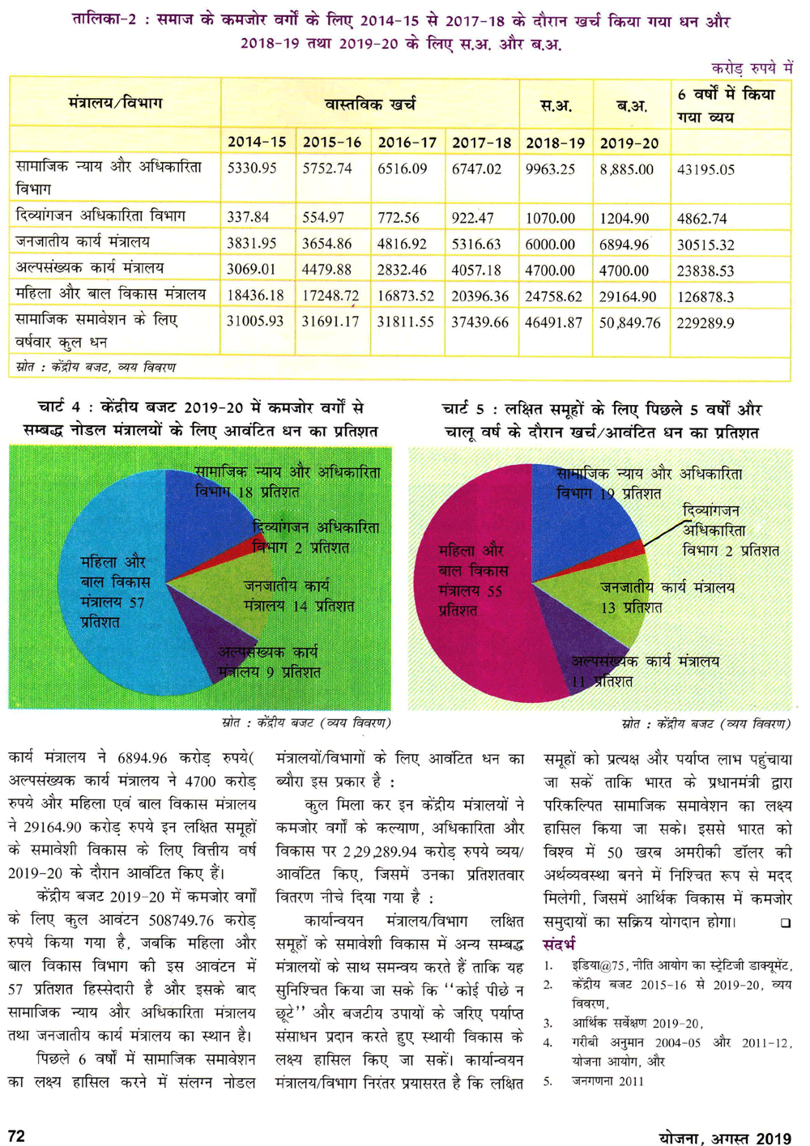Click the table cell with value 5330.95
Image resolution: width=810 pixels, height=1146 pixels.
coord(252,168)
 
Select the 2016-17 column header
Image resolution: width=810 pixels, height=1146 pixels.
coord(407,143)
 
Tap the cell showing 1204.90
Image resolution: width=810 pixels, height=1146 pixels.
coord(624,218)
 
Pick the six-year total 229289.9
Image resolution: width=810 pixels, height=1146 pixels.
coord(706,322)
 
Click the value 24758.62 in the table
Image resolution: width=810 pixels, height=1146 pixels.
coord(553,296)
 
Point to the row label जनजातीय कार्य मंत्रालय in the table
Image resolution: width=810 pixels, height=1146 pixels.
coord(83,242)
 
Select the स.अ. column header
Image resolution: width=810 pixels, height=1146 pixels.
coord(556,105)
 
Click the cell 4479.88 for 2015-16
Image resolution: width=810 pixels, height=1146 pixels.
coord(327,269)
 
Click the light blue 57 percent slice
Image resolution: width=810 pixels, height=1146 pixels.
coord(105,591)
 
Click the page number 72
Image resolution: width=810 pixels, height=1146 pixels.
coord(16,1136)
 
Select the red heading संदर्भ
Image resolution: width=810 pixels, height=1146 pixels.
coord(560,944)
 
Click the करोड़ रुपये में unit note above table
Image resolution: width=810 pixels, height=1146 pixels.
coord(752,68)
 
